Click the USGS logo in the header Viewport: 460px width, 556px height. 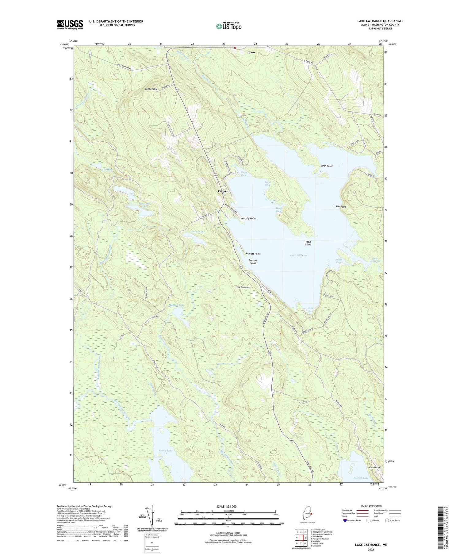click(x=70, y=25)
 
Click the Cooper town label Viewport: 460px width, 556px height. click(x=223, y=191)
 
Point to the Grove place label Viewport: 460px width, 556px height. click(x=251, y=52)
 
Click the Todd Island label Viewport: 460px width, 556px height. click(x=308, y=243)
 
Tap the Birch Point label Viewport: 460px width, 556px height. click(x=327, y=166)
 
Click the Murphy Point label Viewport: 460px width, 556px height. click(x=248, y=218)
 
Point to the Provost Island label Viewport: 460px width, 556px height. click(x=253, y=262)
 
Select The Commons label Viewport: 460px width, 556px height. click(x=243, y=287)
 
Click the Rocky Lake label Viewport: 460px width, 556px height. click(x=166, y=451)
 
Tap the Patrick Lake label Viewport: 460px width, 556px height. click(x=361, y=478)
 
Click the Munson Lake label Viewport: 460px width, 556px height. click(x=177, y=305)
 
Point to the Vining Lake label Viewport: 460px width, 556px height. click(x=197, y=232)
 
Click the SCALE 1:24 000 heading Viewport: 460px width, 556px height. click(x=226, y=506)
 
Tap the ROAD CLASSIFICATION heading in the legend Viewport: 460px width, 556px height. click(x=371, y=506)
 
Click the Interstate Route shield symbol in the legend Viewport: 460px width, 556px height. click(x=345, y=520)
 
